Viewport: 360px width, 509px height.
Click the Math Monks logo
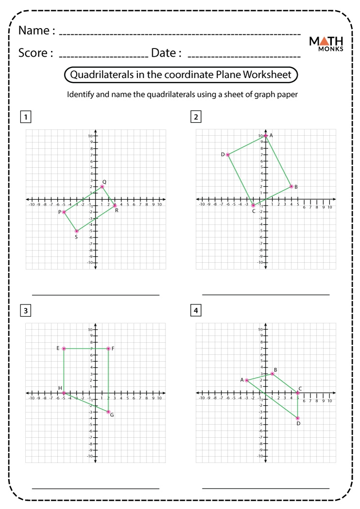pyautogui.click(x=326, y=43)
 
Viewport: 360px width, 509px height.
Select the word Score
pyautogui.click(x=35, y=52)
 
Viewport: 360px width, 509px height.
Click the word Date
pyautogui.click(x=166, y=52)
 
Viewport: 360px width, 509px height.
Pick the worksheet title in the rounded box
pyautogui.click(x=180, y=75)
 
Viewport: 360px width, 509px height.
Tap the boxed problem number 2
pyautogui.click(x=196, y=116)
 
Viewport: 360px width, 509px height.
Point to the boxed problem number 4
pyautogui.click(x=196, y=310)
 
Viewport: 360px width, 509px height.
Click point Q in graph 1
pyautogui.click(x=102, y=187)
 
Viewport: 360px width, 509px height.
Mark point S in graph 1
pyautogui.click(x=77, y=231)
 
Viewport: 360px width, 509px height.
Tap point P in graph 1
pyautogui.click(x=64, y=212)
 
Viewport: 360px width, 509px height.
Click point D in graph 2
pyautogui.click(x=228, y=155)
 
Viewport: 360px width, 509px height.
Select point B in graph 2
pyautogui.click(x=291, y=187)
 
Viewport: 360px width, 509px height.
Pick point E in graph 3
pyautogui.click(x=64, y=349)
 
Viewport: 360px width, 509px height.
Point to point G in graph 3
pyautogui.click(x=108, y=412)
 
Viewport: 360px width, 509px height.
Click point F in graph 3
pyautogui.click(x=108, y=349)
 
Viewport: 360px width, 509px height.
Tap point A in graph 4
pyautogui.click(x=246, y=380)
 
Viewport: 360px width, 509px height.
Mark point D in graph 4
pyautogui.click(x=297, y=418)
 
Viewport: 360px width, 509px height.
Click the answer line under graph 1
pyautogui.click(x=96, y=294)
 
